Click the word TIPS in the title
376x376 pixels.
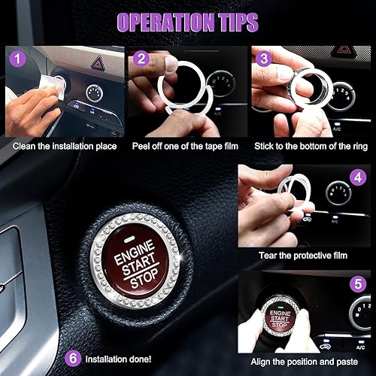[x=232, y=21]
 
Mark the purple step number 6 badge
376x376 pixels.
[x=73, y=358]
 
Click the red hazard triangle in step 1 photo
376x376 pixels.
[x=97, y=63]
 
